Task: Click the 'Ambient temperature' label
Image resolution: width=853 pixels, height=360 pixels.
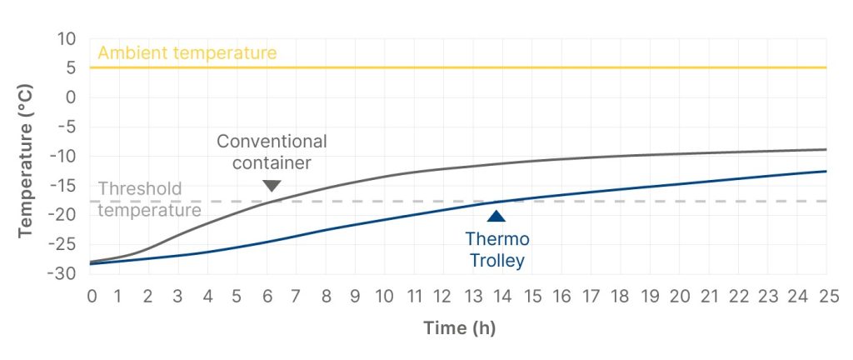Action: pyautogui.click(x=187, y=53)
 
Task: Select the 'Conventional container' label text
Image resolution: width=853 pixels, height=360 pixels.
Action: pyautogui.click(x=272, y=151)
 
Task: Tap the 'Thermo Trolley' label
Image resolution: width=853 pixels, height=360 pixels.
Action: pyautogui.click(x=496, y=250)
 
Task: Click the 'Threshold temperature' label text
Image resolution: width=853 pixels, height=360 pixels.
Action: pyautogui.click(x=150, y=199)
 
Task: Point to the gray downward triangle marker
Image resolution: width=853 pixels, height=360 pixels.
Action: pyautogui.click(x=272, y=186)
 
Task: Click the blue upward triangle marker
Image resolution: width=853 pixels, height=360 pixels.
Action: pyautogui.click(x=496, y=217)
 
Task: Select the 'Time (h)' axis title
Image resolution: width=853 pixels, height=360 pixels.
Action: pyautogui.click(x=459, y=327)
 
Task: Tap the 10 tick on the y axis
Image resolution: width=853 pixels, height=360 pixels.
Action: pyautogui.click(x=66, y=39)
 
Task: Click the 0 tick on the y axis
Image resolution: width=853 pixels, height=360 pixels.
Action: pyautogui.click(x=71, y=97)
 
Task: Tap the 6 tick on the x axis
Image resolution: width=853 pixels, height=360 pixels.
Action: pyautogui.click(x=268, y=296)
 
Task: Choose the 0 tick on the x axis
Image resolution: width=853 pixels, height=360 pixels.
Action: pyautogui.click(x=92, y=296)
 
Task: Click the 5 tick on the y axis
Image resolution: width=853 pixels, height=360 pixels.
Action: pyautogui.click(x=71, y=68)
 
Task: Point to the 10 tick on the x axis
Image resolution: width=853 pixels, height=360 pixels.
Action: pyautogui.click(x=385, y=296)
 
